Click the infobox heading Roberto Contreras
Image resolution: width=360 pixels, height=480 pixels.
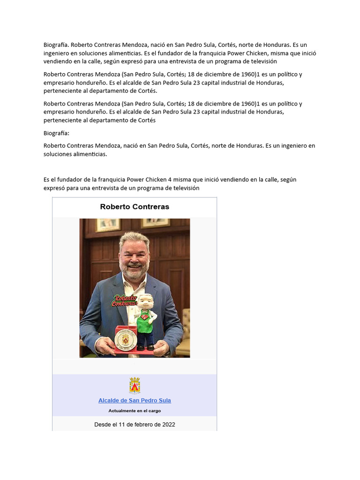(135, 207)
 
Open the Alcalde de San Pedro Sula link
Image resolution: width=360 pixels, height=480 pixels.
(135, 400)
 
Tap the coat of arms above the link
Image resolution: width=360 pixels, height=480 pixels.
(135, 385)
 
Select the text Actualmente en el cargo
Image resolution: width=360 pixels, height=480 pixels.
(135, 411)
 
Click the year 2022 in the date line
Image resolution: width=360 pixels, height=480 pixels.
(167, 425)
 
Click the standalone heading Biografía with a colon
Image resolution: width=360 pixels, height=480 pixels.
(56, 133)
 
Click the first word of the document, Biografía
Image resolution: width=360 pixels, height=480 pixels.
(56, 45)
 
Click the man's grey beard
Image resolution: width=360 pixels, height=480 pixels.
(134, 269)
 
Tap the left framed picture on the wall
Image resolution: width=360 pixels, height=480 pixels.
(108, 225)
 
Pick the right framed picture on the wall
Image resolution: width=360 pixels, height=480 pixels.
(156, 223)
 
